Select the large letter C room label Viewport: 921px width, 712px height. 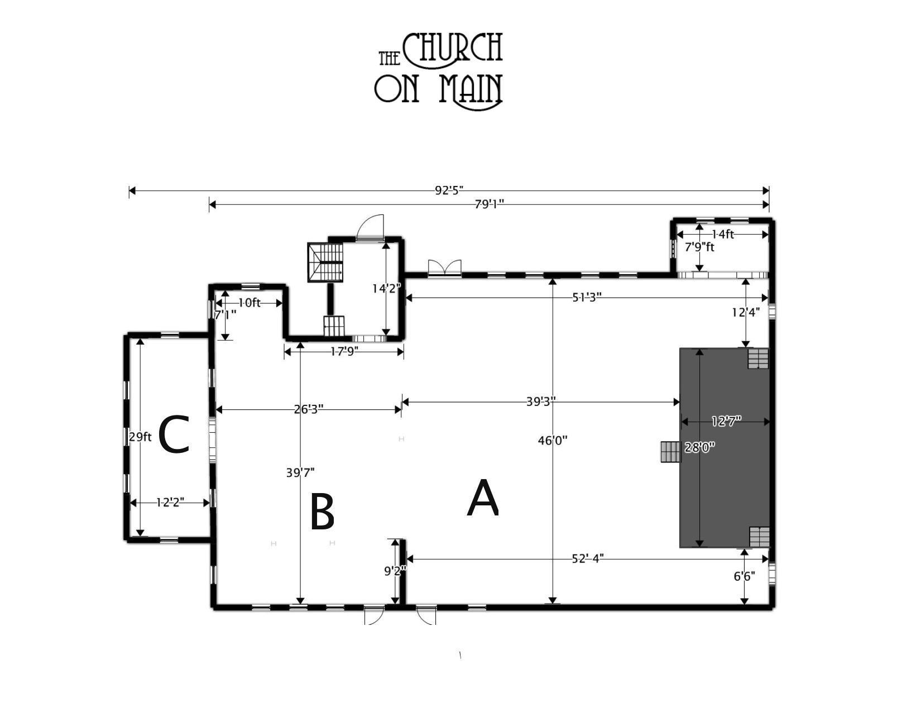(x=174, y=434)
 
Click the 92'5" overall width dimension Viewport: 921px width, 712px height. (x=449, y=190)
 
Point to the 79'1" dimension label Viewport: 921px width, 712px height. (x=489, y=204)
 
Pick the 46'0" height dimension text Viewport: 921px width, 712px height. (x=552, y=441)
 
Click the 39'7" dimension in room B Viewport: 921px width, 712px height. (x=300, y=472)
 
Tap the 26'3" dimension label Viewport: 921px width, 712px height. (x=309, y=409)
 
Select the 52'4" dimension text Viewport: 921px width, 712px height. (x=587, y=558)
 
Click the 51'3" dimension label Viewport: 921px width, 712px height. (x=587, y=297)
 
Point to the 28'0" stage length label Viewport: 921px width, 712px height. (x=700, y=447)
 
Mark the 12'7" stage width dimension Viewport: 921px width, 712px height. (x=726, y=421)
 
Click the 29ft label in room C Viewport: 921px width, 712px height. (x=140, y=437)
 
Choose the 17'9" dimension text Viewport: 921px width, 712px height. (x=344, y=351)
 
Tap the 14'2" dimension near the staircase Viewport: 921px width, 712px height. (x=386, y=289)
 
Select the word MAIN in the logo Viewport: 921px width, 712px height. (x=470, y=90)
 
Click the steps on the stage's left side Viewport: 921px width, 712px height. (x=670, y=452)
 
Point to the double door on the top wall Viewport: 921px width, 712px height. (x=445, y=269)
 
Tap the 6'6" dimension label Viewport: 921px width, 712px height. (x=744, y=576)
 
